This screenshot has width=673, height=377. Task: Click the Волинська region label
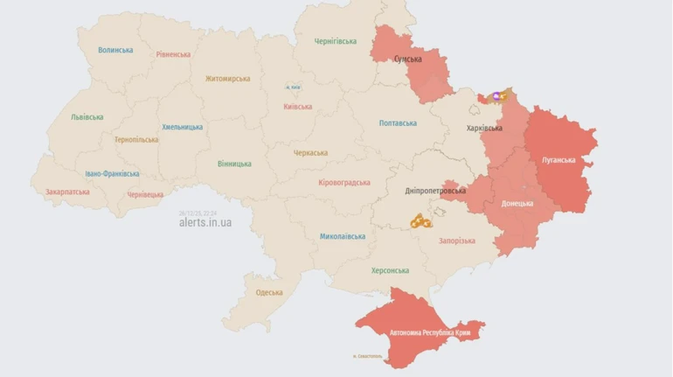point(115,50)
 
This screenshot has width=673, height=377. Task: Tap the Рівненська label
point(173,54)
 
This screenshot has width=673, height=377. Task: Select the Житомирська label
point(227,79)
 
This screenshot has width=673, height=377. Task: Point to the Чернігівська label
point(336,41)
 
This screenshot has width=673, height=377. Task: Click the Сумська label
point(407,59)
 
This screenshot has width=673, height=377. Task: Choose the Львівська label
point(87,117)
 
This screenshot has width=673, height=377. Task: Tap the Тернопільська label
point(136,139)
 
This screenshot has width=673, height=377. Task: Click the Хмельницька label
point(182,127)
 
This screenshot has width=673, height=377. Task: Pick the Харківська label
point(484,128)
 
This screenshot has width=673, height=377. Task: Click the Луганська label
point(559,160)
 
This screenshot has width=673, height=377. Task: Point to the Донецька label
point(517,203)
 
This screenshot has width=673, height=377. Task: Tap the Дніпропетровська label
point(435,191)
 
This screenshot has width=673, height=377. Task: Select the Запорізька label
point(456,241)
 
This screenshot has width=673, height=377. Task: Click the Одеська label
point(269,292)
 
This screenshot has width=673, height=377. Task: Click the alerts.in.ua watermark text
point(205,222)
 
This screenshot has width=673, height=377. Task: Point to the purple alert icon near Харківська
point(496,96)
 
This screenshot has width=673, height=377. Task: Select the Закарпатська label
point(67,192)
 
